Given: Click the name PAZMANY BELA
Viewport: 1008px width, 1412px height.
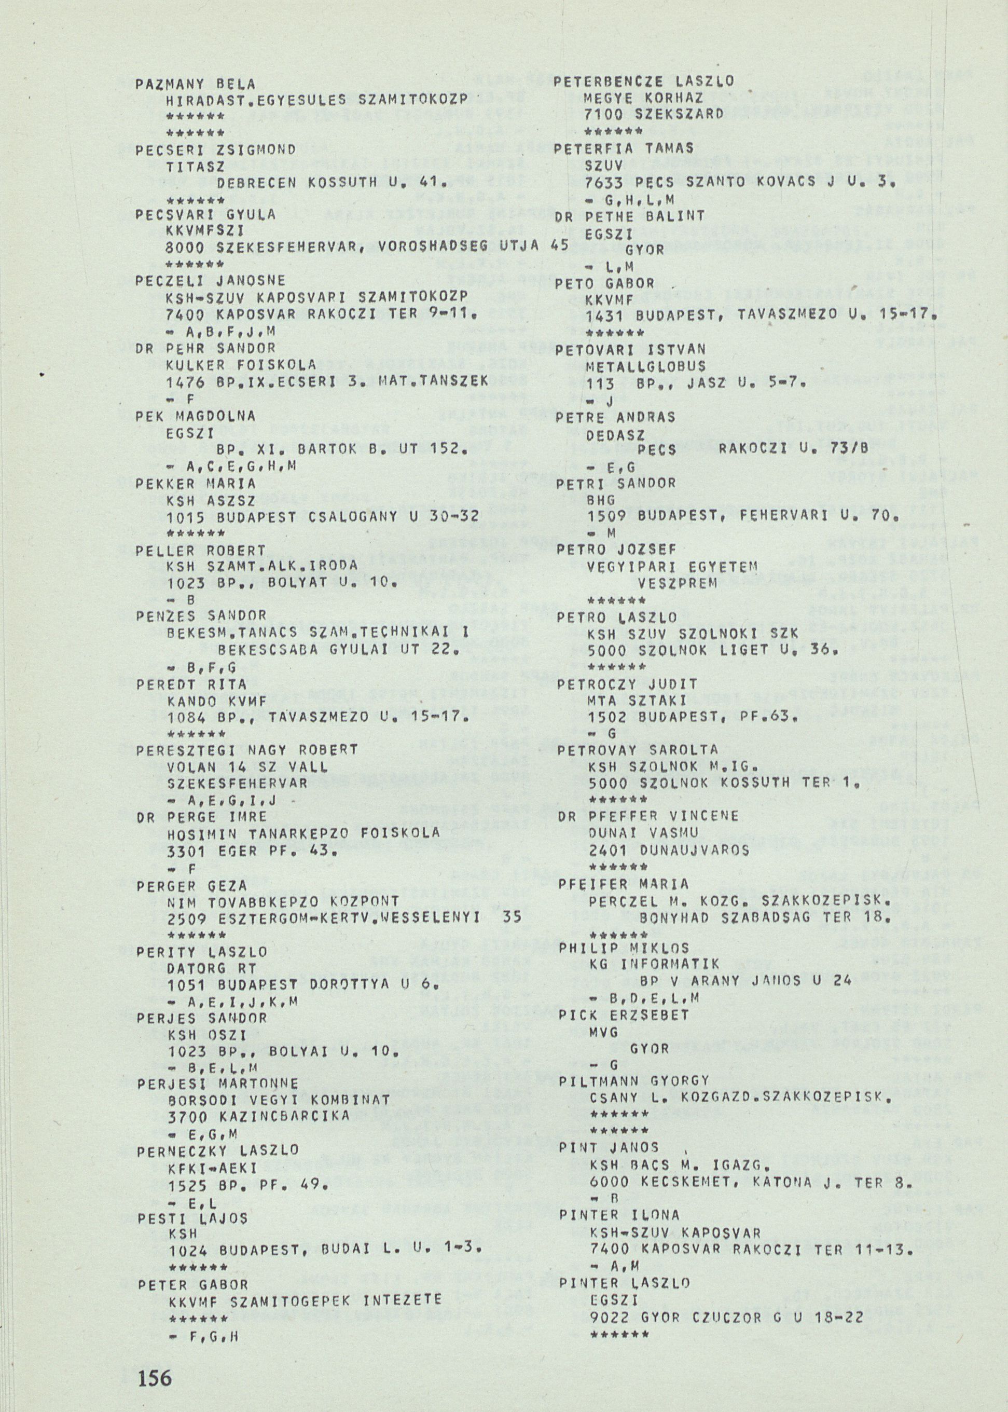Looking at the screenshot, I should [x=196, y=83].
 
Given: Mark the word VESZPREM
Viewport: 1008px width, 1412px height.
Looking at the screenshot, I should [x=677, y=584].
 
